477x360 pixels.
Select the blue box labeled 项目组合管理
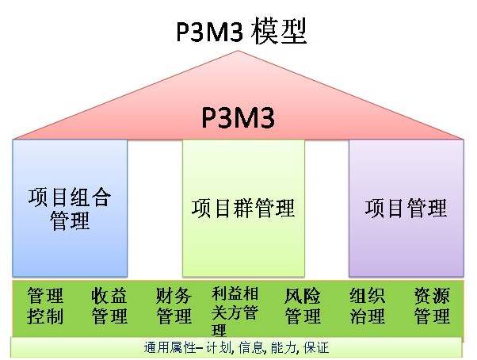click(x=70, y=208)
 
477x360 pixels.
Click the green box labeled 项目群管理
click(x=243, y=208)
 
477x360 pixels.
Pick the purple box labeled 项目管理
click(x=406, y=208)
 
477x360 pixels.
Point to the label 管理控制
click(x=45, y=306)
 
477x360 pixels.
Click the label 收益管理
click(x=109, y=306)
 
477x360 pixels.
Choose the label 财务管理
click(x=174, y=306)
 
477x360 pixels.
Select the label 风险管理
click(x=302, y=306)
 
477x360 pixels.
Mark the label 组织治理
click(x=367, y=306)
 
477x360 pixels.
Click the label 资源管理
click(x=432, y=306)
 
